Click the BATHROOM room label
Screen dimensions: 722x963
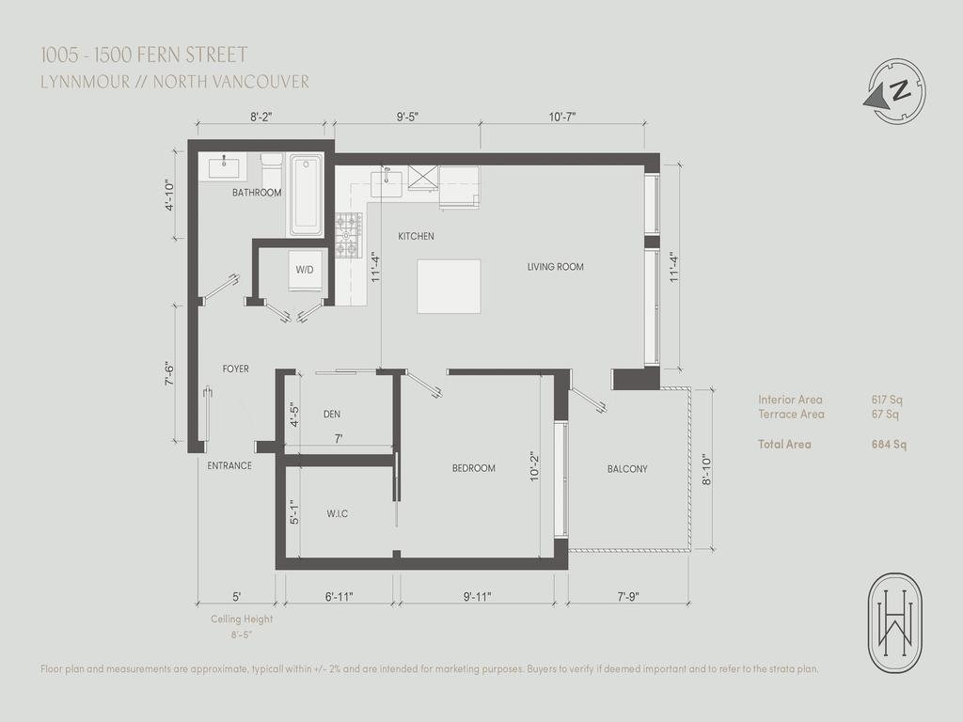point(257,193)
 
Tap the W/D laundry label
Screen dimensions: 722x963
point(305,270)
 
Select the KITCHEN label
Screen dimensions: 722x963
point(416,236)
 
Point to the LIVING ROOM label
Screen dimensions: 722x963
point(555,267)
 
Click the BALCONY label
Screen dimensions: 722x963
point(626,468)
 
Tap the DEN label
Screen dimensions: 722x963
point(331,413)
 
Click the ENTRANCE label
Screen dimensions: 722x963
point(229,465)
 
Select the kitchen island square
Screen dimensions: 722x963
point(449,288)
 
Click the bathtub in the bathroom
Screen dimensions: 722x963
point(306,196)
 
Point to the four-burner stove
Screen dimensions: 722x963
point(348,235)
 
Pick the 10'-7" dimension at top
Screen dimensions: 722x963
point(561,117)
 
